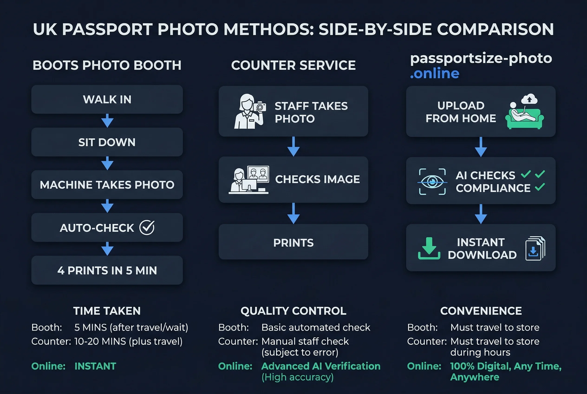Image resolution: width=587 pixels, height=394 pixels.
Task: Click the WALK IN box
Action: pyautogui.click(x=107, y=99)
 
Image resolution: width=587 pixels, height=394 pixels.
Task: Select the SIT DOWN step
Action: pyautogui.click(x=107, y=142)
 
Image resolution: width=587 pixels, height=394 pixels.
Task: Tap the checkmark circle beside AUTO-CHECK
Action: pyautogui.click(x=147, y=228)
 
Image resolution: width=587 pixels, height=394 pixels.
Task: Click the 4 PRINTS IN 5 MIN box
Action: pyautogui.click(x=107, y=270)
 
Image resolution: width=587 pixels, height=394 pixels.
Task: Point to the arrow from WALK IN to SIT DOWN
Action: pyautogui.click(x=107, y=121)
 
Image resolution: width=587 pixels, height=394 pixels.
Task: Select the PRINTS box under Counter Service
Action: pyautogui.click(x=293, y=242)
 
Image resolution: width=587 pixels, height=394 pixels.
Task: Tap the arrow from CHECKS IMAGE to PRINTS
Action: pyautogui.click(x=293, y=213)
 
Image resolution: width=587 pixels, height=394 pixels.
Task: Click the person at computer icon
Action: pyautogui.click(x=249, y=180)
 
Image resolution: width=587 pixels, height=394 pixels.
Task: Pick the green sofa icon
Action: pyautogui.click(x=525, y=118)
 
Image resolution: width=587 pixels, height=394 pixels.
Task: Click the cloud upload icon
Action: pyautogui.click(x=529, y=99)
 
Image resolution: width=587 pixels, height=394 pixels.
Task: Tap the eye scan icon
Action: pyautogui.click(x=432, y=182)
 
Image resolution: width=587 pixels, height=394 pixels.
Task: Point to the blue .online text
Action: pyautogui.click(x=435, y=74)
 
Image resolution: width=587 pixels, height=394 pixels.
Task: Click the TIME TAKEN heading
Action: pyautogui.click(x=107, y=311)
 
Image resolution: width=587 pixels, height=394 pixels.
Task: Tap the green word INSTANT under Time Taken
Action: pyautogui.click(x=95, y=366)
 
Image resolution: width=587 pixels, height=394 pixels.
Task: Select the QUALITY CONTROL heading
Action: pyautogui.click(x=293, y=311)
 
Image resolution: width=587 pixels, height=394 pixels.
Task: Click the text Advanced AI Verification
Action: pyautogui.click(x=321, y=366)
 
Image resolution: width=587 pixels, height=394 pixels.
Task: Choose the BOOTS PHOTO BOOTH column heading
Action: pyautogui.click(x=107, y=65)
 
